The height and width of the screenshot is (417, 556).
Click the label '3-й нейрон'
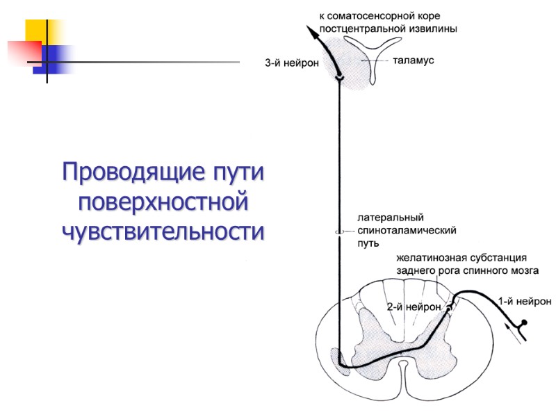click(292, 63)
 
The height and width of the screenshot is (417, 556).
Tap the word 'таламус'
click(413, 61)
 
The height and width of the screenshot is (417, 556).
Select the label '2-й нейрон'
click(414, 306)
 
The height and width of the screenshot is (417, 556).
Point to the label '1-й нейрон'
click(525, 301)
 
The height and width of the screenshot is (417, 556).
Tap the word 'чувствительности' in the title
click(163, 231)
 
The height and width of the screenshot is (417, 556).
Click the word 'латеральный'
click(390, 218)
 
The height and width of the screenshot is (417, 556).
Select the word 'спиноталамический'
click(406, 230)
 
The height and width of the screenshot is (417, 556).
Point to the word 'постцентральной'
click(362, 28)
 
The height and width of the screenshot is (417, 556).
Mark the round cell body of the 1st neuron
click(525, 323)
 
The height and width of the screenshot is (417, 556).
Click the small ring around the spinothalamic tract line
click(339, 232)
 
